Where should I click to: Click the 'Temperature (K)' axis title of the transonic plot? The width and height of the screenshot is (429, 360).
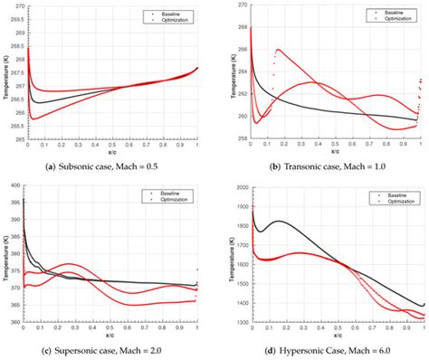218,72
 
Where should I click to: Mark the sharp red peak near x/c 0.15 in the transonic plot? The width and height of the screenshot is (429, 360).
277,50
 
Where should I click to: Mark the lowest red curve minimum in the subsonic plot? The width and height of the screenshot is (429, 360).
34,118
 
